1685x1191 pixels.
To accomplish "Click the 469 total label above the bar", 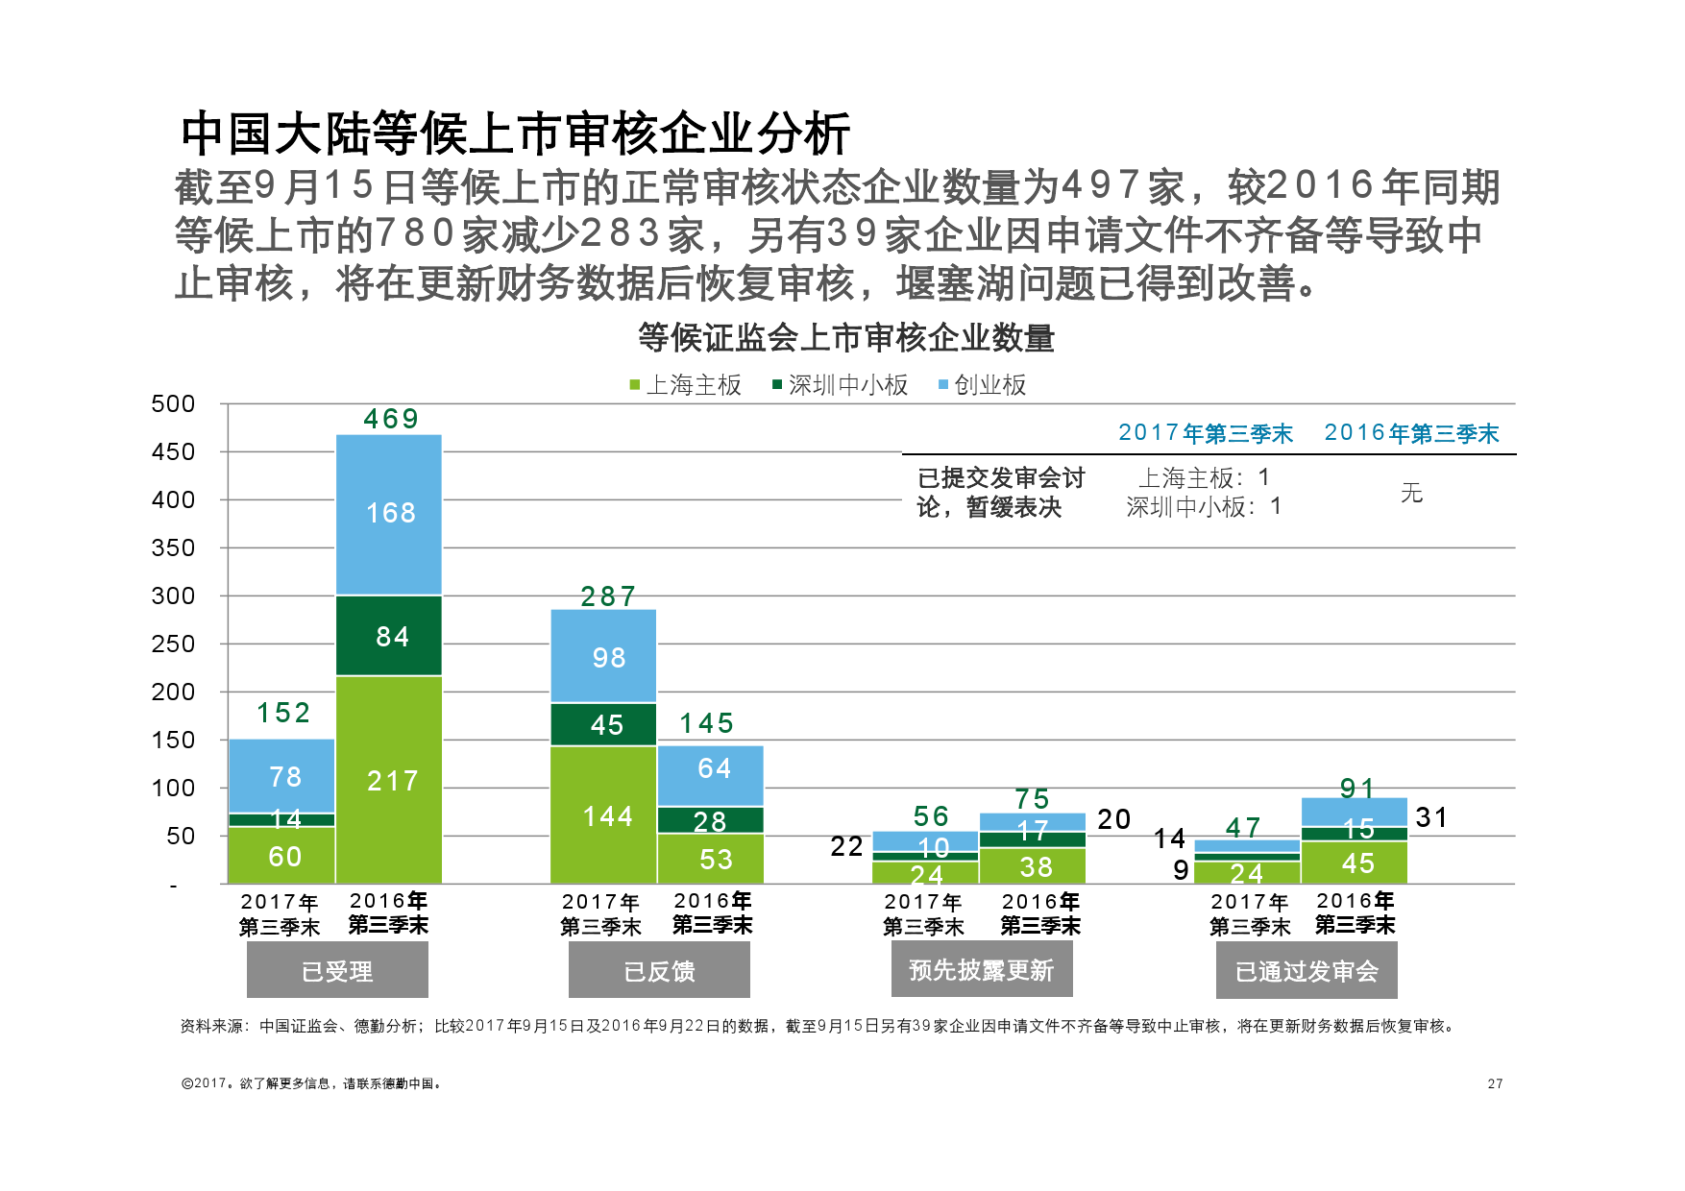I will point(391,419).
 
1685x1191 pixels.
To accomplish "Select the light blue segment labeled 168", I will point(389,514).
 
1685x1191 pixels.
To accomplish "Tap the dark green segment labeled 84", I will point(389,636).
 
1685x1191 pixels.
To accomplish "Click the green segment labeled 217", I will point(389,780).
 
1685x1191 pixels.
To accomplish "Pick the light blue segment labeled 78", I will point(282,776).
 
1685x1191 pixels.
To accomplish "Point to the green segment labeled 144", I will point(603,815).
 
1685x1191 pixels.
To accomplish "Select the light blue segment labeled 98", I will point(603,657).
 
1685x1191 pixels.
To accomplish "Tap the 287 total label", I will point(608,596).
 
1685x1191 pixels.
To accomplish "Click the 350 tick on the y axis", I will point(173,547).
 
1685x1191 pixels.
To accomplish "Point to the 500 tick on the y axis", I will point(173,403).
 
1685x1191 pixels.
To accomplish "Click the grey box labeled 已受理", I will point(337,970).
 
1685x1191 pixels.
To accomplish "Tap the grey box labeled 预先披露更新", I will point(982,970).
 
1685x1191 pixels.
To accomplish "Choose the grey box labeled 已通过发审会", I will point(1306,970).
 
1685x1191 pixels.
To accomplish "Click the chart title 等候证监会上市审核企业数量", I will point(846,338).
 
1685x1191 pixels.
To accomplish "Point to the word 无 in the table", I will point(1411,493).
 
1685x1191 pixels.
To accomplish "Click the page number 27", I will point(1495,1083).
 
